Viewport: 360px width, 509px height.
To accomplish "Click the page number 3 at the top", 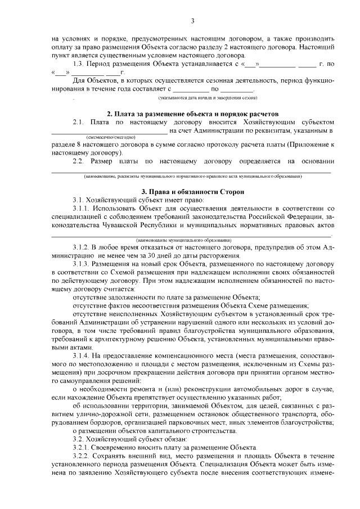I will pyautogui.click(x=192, y=21).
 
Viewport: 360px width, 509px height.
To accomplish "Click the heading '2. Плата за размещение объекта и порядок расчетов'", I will pyautogui.click(x=192, y=114).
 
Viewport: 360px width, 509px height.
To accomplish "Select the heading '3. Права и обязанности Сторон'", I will pyautogui.click(x=192, y=192).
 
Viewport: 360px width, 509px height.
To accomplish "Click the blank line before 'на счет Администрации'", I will pyautogui.click(x=110, y=130).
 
